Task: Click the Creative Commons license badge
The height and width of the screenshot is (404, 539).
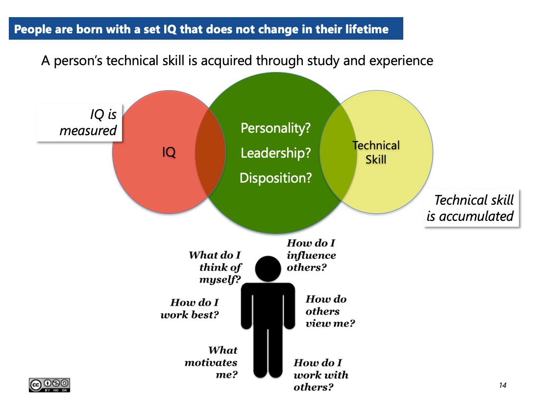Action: [49, 385]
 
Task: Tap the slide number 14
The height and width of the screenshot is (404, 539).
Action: [503, 385]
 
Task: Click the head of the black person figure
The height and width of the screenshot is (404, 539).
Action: [268, 269]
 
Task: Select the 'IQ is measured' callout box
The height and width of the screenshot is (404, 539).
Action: [79, 122]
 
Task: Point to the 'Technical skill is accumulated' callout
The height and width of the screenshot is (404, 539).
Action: [471, 208]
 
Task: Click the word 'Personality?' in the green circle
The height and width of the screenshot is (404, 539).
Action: [276, 128]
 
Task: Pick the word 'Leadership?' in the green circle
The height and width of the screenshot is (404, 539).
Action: [276, 153]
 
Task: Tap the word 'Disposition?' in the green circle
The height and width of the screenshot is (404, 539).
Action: [276, 178]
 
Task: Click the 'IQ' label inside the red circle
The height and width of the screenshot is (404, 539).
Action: [169, 152]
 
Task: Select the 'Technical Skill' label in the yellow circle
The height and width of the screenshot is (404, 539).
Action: [376, 152]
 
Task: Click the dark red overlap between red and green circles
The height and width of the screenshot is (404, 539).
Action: [210, 152]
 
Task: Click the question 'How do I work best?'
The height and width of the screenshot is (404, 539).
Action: [190, 309]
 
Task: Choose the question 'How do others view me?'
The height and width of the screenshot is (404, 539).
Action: [330, 311]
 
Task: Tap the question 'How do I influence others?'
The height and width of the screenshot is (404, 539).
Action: [312, 255]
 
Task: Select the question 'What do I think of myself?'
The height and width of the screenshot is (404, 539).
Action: [215, 267]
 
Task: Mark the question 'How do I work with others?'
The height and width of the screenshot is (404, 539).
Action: [321, 375]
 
